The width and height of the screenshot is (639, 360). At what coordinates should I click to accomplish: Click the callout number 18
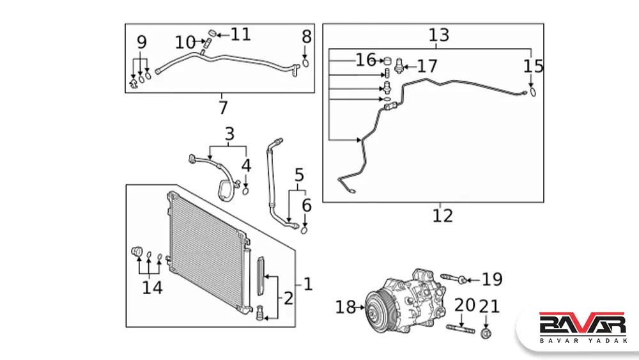[345, 308]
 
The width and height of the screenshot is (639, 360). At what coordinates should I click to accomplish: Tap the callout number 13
[439, 35]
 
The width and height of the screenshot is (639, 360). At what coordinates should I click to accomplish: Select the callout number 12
[442, 215]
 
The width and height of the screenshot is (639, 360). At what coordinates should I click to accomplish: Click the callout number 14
[152, 287]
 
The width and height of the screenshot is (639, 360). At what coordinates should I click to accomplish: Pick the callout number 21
[489, 306]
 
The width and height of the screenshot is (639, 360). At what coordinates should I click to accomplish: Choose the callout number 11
[241, 34]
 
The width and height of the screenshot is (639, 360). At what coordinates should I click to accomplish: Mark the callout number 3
[229, 134]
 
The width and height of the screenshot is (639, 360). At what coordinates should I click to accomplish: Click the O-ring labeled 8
[306, 63]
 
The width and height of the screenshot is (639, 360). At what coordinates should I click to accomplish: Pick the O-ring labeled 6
[304, 230]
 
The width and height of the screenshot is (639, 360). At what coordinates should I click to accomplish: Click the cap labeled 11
[213, 33]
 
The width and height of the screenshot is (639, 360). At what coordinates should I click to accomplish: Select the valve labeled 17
[400, 66]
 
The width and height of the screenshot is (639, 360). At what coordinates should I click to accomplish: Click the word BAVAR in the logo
[582, 322]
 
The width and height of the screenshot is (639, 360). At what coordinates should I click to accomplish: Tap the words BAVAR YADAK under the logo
[582, 340]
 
